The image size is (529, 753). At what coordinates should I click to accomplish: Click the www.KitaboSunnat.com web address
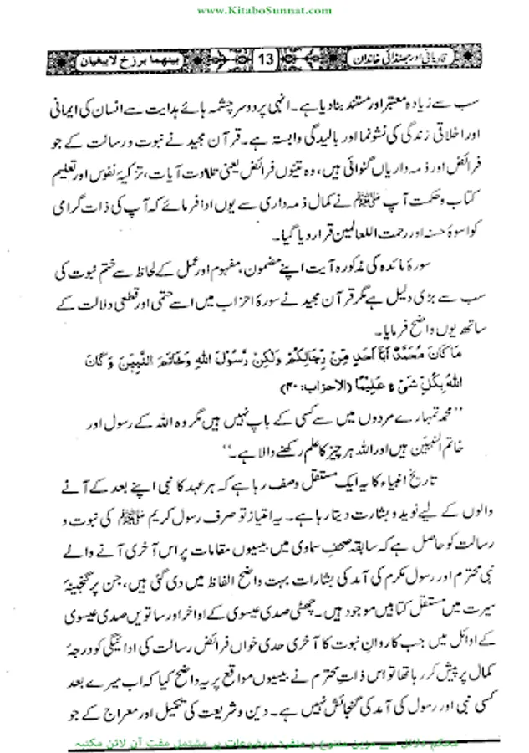pos(263,9)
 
